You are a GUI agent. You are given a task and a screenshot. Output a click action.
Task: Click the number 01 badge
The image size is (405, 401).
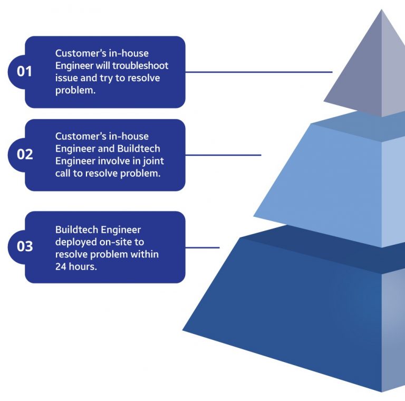tap(24, 71)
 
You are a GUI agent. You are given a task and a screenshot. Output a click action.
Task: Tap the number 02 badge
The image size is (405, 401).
tap(25, 155)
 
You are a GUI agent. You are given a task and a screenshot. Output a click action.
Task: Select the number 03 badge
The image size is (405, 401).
tap(25, 246)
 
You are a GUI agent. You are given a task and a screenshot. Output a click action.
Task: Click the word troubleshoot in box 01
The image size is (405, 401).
tap(143, 66)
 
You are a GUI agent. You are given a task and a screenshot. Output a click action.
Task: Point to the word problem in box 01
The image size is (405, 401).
tap(74, 90)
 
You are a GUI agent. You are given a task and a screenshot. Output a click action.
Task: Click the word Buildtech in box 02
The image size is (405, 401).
tap(139, 149)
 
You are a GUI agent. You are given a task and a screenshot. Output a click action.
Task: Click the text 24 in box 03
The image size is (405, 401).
tap(61, 266)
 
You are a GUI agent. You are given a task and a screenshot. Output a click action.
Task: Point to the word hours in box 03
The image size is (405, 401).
tap(83, 266)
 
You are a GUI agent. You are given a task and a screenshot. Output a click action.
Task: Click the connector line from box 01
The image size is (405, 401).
tap(258, 72)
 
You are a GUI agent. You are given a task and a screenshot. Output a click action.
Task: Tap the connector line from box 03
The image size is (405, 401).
tap(202, 247)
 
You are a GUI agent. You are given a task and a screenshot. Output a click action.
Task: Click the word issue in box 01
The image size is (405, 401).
tap(66, 78)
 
